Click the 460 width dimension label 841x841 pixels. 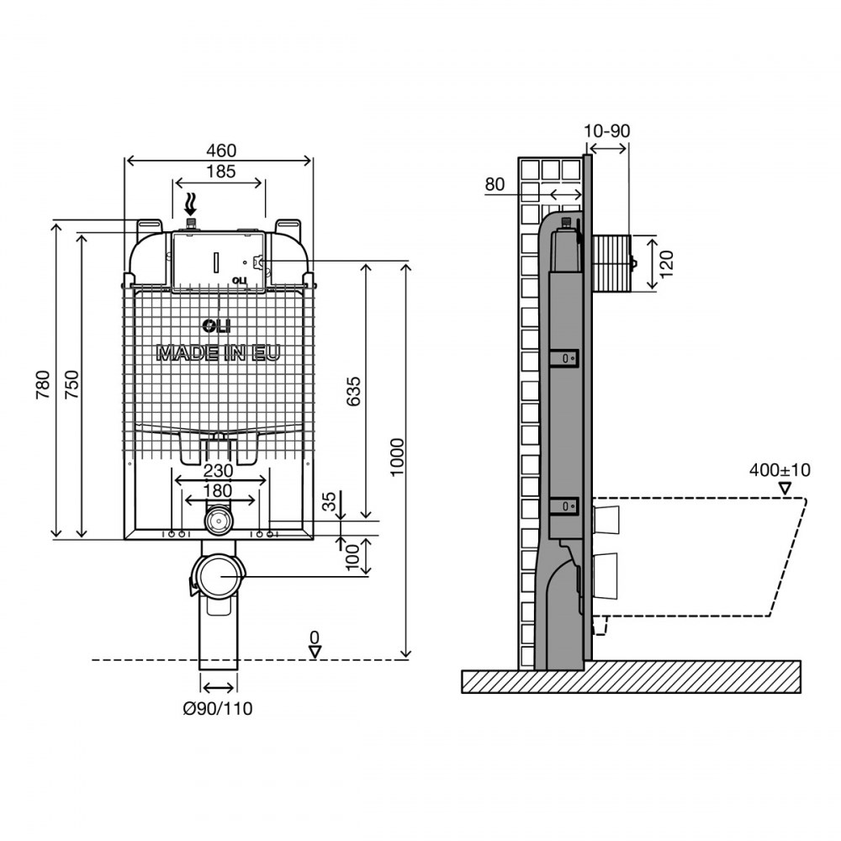pos(221,151)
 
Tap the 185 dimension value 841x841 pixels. pos(221,172)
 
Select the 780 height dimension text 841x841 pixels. pos(43,384)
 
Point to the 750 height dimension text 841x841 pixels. pos(71,384)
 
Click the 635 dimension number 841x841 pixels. pos(353,392)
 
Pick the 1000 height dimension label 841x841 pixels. pos(397,457)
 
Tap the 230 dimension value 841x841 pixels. pos(219,470)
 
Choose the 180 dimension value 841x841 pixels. pos(219,490)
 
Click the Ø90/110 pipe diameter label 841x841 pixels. pos(218,708)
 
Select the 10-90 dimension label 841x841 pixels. pos(606,131)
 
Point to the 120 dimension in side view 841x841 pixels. pos(665,264)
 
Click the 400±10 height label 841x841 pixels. pos(780,470)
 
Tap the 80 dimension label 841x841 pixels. pos(495,184)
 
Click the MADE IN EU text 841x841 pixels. pos(219,353)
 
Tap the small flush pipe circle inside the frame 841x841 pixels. pos(219,520)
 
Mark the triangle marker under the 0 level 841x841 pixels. pos(315,653)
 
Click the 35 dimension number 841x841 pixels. pos(331,501)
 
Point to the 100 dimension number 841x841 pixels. pos(352,558)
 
